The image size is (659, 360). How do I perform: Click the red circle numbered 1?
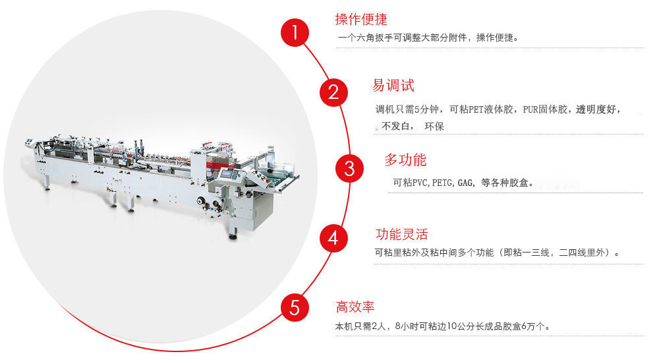(295, 32)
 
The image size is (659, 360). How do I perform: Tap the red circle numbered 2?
(333, 92)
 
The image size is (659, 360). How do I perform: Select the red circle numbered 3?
(349, 168)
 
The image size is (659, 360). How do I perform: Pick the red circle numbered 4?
(333, 238)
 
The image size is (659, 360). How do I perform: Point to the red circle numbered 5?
(295, 307)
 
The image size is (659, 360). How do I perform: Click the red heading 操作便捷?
(361, 19)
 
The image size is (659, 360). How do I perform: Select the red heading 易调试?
(393, 85)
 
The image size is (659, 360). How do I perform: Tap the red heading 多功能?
(405, 160)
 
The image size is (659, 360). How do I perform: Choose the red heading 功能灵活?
(401, 234)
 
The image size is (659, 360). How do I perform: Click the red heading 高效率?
(355, 307)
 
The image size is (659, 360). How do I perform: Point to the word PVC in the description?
(420, 183)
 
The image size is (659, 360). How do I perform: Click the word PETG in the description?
(442, 183)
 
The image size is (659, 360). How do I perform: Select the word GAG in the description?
(465, 183)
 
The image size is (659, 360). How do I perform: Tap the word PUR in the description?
(530, 109)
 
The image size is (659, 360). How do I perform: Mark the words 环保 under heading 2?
(434, 126)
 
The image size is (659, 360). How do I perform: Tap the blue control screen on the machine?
(227, 174)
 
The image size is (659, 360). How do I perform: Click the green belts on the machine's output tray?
(275, 177)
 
